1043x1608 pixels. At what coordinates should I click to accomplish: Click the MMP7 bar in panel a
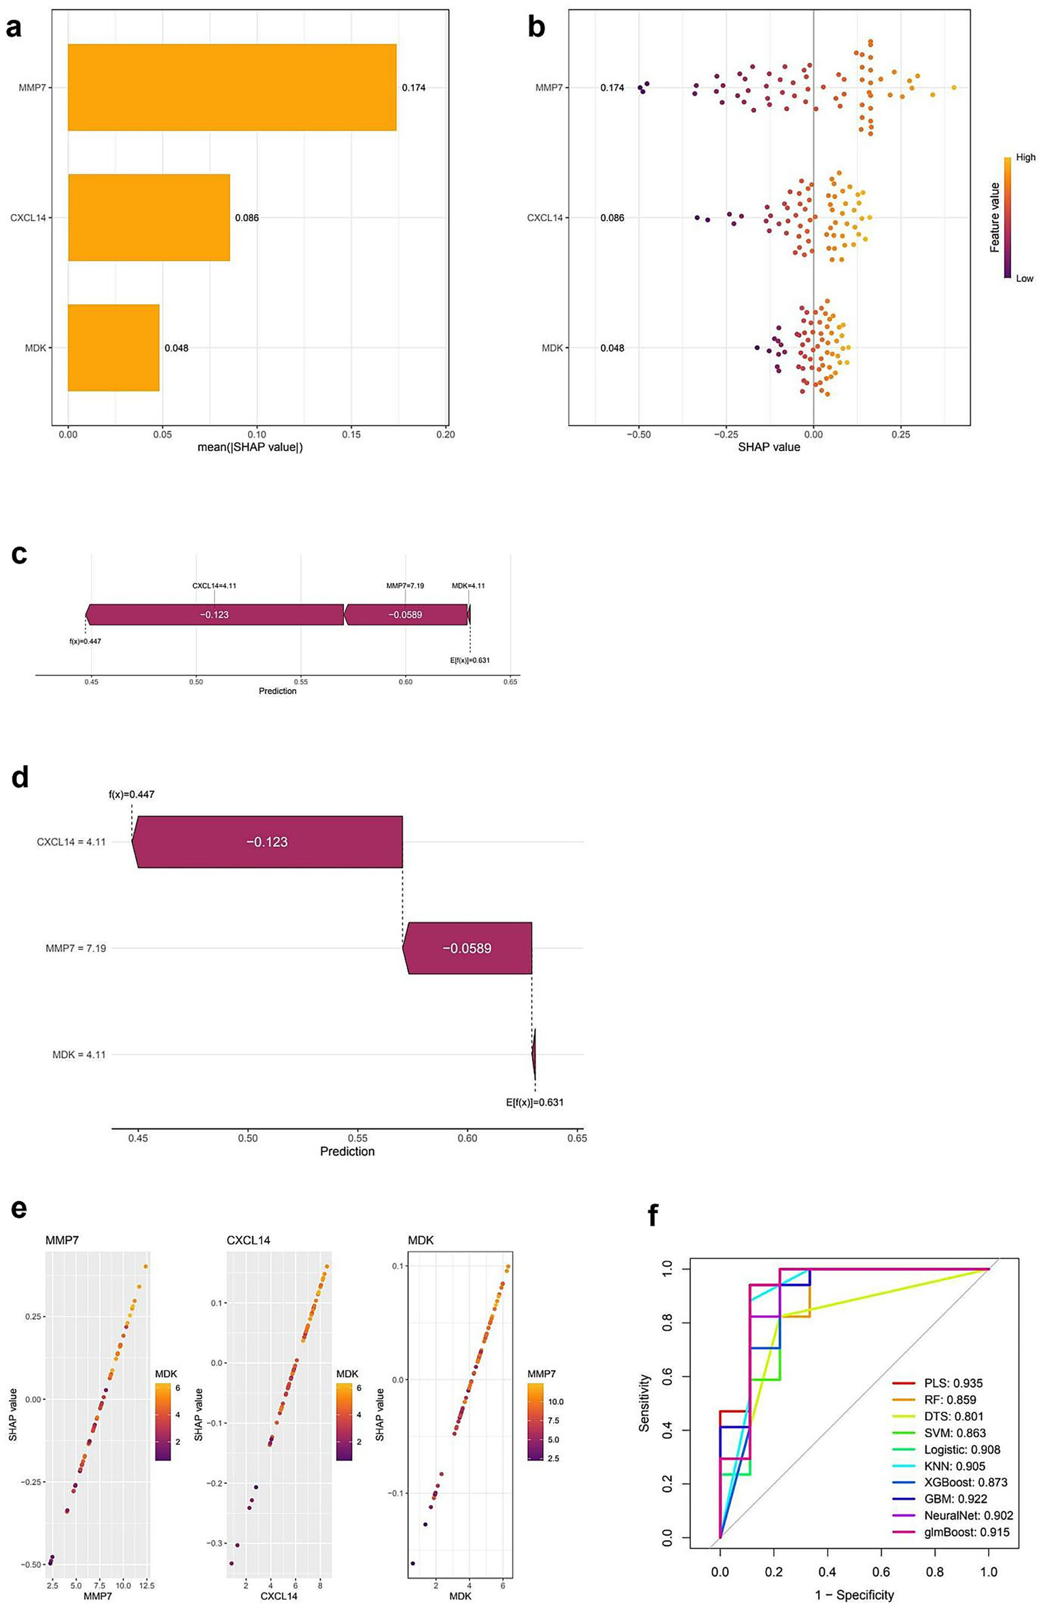232,87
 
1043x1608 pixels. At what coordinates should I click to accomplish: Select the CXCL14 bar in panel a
149,217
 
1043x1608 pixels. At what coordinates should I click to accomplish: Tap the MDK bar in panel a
113,347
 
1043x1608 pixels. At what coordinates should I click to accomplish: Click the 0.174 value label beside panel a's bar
413,88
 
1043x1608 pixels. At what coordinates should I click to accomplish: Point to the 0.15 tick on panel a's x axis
351,434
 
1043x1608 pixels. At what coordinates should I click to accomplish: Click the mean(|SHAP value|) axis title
250,447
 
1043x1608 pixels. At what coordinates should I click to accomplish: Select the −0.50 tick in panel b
637,434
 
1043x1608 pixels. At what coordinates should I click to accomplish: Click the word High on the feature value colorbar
1025,157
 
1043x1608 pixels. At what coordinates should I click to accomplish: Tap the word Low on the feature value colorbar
1024,278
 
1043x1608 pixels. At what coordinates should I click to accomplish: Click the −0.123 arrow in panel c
214,614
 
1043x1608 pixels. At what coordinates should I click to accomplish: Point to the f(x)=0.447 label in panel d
131,794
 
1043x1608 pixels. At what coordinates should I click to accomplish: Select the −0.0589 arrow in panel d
467,948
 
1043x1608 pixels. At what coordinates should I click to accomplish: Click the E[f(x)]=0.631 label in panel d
535,1102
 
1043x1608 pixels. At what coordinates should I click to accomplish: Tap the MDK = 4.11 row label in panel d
79,1055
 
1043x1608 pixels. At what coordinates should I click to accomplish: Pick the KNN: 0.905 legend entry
954,1466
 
